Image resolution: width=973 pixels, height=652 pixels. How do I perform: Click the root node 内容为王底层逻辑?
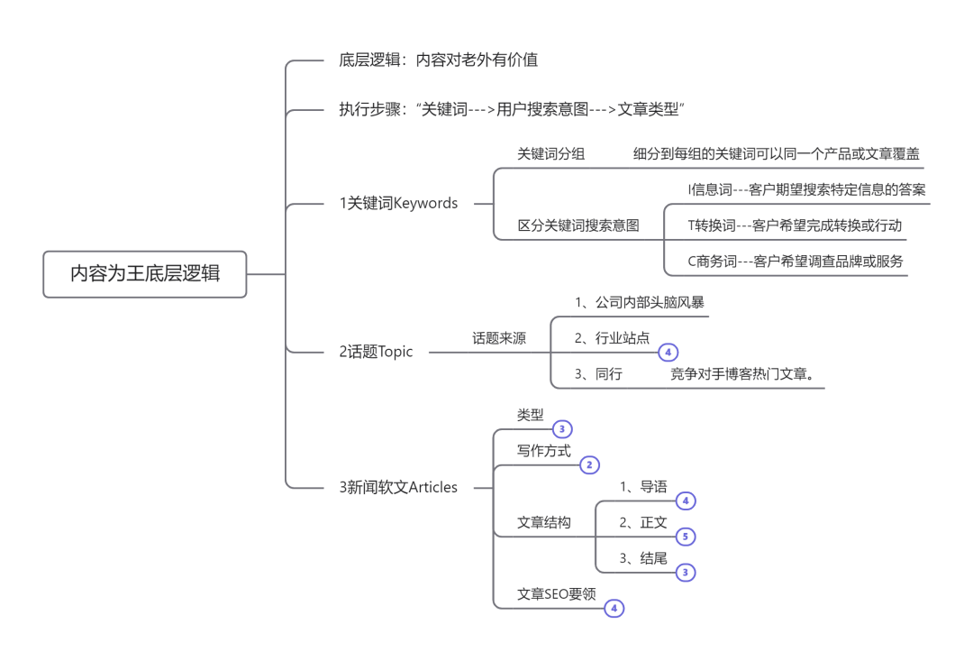coord(145,274)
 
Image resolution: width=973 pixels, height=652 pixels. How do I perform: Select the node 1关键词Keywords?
coord(398,203)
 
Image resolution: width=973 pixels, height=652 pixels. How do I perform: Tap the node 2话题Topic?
coord(376,352)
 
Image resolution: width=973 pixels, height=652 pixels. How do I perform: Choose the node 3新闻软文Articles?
coord(398,487)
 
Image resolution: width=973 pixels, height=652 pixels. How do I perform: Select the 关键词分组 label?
coord(550,153)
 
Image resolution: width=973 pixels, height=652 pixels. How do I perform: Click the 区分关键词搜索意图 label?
coord(577,225)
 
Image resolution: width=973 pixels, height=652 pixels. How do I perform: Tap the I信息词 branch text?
coord(805,189)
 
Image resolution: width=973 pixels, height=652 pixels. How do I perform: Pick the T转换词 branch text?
coord(794,225)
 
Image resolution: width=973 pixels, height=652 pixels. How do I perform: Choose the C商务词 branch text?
coord(795,262)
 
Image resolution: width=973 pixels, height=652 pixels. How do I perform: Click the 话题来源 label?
coord(499,338)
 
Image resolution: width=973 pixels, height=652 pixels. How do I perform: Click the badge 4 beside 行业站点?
coord(668,353)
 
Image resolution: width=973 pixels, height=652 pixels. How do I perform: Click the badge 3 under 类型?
coord(562,429)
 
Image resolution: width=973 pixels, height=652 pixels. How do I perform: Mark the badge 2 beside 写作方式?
coord(589,465)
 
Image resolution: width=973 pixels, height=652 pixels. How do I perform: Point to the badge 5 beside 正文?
coord(685,537)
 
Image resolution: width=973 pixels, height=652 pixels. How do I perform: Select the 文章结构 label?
coord(543,522)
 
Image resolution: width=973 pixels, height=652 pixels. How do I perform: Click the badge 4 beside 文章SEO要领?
coord(614,609)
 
